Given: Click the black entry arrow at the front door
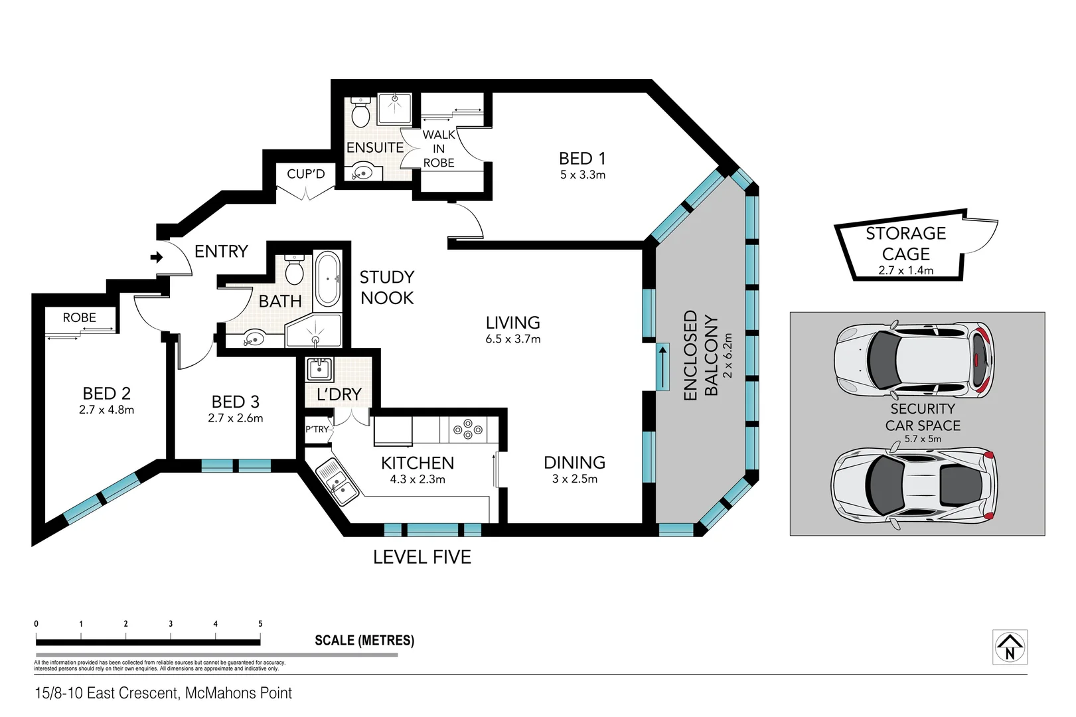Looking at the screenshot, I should coord(157,257).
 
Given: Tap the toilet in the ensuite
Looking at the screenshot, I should coord(360,114).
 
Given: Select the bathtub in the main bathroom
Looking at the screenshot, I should coord(327,279).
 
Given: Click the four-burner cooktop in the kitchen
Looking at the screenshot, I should coord(468,430).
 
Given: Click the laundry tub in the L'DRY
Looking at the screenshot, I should coord(319,368).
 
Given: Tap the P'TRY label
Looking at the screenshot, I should coord(317,430).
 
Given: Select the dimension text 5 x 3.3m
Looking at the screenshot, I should coord(582,175).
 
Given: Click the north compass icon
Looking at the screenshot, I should coord(1010,647).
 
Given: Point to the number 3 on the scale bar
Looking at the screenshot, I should coord(171,624).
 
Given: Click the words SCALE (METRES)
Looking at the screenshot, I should coord(364,641).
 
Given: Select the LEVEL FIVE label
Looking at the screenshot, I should coord(422,557).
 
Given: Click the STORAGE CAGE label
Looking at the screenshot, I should coord(905,244).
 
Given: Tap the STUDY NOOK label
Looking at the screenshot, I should coord(387,287).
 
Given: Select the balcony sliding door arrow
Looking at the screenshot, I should coord(662,366).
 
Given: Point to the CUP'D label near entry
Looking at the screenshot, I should coord(305,174).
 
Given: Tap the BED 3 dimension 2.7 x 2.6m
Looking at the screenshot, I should coord(235,418).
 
